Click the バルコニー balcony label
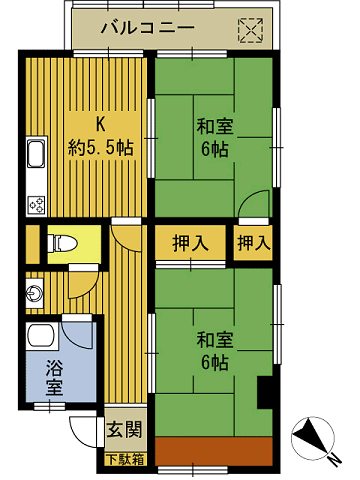(148, 28)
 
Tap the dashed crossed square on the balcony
(250, 31)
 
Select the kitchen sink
(36, 153)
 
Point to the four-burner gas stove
(36, 205)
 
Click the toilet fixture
(62, 243)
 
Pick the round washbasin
(35, 294)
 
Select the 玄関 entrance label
(124, 429)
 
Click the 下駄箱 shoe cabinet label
(125, 459)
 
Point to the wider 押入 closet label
(190, 243)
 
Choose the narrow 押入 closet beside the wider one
(253, 243)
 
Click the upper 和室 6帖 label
(215, 137)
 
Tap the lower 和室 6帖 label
(215, 351)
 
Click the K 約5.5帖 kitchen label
(101, 137)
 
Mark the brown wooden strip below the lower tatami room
(214, 451)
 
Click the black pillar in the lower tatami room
(266, 392)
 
